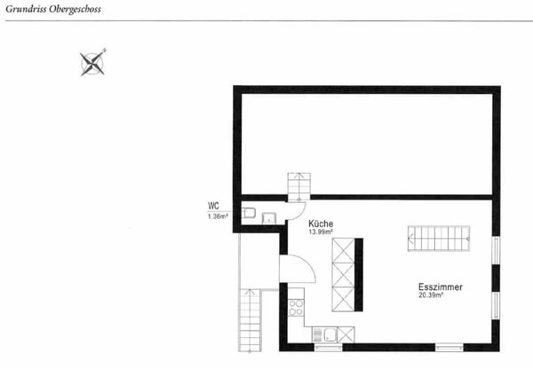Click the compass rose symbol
pos(93,62)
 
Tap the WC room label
pos(213,208)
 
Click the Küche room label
pos(321,224)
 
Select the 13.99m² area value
pos(322,233)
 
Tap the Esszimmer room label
pos(440,287)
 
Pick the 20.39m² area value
pos(431,296)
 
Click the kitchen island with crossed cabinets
pos(343,273)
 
